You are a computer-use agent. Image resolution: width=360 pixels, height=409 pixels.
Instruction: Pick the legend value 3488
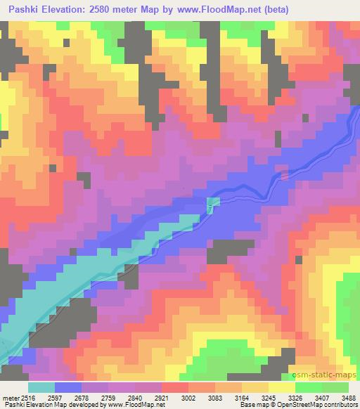[348, 397]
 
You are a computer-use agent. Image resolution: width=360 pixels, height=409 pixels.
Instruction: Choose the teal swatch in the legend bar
[41, 387]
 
